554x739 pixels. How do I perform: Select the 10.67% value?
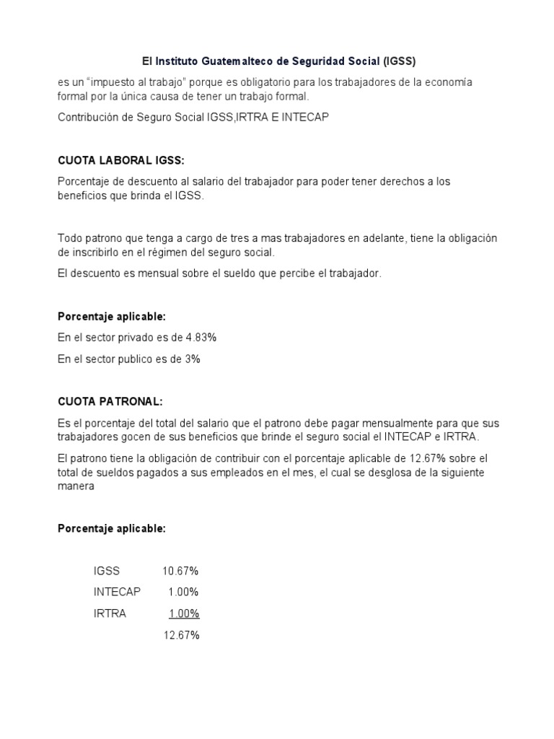[x=180, y=571]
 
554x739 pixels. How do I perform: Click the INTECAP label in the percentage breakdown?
[x=118, y=592]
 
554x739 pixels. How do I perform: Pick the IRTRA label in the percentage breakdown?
[x=110, y=613]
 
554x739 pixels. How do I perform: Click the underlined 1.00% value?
[x=184, y=613]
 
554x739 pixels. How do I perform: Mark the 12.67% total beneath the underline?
[x=180, y=635]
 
